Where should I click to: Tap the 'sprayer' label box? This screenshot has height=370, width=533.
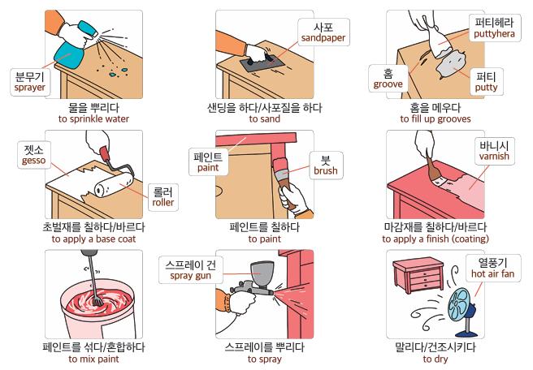pyautogui.click(x=30, y=82)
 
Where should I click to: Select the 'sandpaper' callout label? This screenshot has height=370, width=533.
pyautogui.click(x=323, y=32)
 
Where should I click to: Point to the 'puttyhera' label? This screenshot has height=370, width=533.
pyautogui.click(x=495, y=28)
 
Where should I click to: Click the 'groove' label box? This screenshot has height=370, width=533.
pyautogui.click(x=388, y=79)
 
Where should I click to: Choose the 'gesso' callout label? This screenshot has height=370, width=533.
pyautogui.click(x=34, y=155)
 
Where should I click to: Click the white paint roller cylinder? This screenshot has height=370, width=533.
pyautogui.click(x=114, y=185)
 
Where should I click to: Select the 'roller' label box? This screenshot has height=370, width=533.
pyautogui.click(x=163, y=197)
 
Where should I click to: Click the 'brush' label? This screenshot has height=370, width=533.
pyautogui.click(x=326, y=165)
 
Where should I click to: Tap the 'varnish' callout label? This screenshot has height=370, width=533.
pyautogui.click(x=494, y=151)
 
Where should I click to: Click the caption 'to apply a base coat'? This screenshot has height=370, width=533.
pyautogui.click(x=93, y=239)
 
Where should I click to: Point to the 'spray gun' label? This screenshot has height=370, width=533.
pyautogui.click(x=191, y=270)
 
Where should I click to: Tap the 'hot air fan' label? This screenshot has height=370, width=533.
pyautogui.click(x=493, y=268)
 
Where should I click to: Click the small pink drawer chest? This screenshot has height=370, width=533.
pyautogui.click(x=418, y=274)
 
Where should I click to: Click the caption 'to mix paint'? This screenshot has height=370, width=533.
pyautogui.click(x=93, y=359)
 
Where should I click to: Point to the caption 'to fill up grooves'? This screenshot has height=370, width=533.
pyautogui.click(x=435, y=118)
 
